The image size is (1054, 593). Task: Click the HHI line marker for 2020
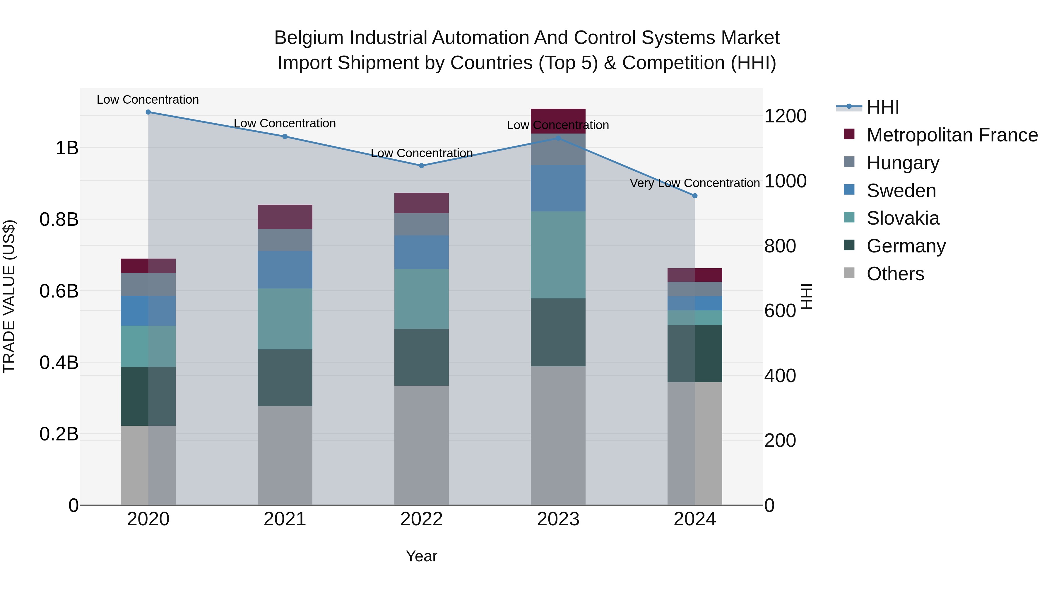pos(148,112)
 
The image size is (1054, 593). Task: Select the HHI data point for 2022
pos(421,166)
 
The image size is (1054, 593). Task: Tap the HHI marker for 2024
pos(694,196)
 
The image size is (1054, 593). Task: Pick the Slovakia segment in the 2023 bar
pos(558,254)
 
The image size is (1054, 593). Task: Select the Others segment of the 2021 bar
pos(285,455)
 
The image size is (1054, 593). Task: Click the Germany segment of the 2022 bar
pos(421,357)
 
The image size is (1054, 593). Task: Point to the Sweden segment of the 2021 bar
pos(285,269)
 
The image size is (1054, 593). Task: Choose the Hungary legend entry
pos(903,163)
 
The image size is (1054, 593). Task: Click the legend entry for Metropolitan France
pos(952,135)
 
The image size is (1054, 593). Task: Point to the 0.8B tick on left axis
pos(59,219)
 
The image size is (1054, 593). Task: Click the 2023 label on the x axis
pos(558,519)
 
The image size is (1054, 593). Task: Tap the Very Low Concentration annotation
pos(694,183)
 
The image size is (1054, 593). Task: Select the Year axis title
pos(421,556)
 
